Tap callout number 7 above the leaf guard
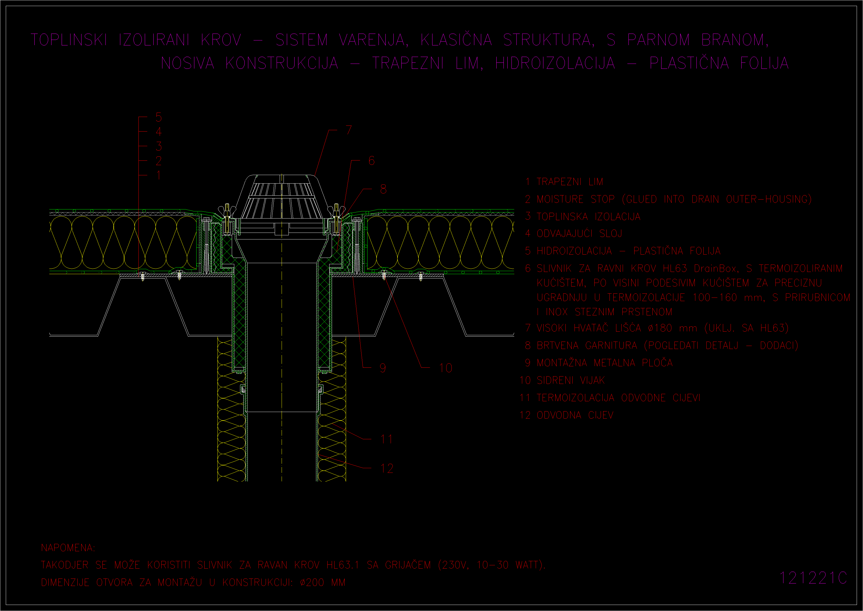point(349,130)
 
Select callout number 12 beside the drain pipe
point(387,468)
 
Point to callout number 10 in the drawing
point(445,368)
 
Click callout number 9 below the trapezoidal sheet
point(383,368)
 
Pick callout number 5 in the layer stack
point(159,118)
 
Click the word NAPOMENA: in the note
point(68,548)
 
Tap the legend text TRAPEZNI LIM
point(570,182)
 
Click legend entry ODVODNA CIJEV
point(575,415)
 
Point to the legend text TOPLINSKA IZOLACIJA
point(588,217)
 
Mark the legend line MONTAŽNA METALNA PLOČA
point(605,363)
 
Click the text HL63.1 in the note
point(343,565)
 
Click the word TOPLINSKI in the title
point(69,40)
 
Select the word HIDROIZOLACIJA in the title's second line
point(555,63)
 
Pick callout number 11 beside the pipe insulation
point(386,439)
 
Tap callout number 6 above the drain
point(371,161)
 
